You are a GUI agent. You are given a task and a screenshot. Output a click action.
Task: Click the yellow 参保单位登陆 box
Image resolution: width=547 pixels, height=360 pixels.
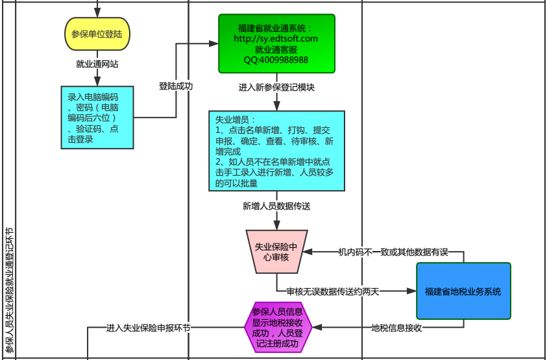click(x=97, y=34)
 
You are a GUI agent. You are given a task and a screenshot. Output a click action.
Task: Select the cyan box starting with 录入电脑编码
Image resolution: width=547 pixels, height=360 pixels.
click(x=97, y=117)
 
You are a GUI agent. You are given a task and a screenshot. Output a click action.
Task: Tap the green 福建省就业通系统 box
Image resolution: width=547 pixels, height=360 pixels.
click(x=276, y=43)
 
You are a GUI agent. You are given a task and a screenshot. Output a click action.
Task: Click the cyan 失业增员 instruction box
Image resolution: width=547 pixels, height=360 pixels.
click(x=276, y=150)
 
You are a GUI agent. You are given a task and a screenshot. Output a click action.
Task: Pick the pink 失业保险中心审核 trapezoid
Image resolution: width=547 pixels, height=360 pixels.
click(x=276, y=251)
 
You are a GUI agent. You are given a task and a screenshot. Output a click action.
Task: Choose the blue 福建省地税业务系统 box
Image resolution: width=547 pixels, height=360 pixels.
click(x=463, y=291)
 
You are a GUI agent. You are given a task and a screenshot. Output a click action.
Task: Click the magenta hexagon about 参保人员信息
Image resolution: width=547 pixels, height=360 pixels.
click(x=276, y=328)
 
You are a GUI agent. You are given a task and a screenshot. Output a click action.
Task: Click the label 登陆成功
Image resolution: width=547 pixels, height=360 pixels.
click(x=176, y=86)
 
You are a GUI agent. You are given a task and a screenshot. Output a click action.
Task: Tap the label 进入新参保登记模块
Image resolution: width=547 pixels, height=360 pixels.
click(x=276, y=88)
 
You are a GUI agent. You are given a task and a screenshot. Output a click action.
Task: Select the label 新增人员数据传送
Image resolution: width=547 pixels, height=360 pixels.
click(x=276, y=206)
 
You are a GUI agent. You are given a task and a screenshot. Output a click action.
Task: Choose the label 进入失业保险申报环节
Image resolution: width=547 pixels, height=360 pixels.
click(x=149, y=328)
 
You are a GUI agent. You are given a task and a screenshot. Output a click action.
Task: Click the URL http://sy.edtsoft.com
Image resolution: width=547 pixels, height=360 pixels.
click(x=276, y=39)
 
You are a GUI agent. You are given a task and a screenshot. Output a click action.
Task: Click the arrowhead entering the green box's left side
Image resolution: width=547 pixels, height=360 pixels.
click(x=215, y=43)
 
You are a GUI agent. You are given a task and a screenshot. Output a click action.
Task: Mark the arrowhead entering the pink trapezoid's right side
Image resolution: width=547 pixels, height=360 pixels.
click(x=310, y=252)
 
